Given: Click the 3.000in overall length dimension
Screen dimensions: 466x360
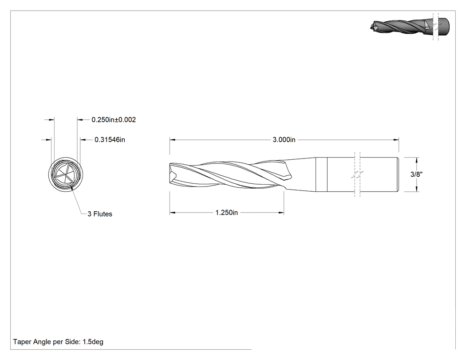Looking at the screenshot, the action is click(284, 139).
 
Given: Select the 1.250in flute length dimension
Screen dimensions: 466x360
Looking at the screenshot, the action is click(226, 213).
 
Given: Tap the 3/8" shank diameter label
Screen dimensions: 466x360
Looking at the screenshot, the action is click(416, 174).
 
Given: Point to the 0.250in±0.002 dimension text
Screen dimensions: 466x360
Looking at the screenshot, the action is click(114, 119).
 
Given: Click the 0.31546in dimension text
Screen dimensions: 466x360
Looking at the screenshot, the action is click(110, 139).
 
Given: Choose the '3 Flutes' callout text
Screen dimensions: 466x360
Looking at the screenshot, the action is click(100, 214).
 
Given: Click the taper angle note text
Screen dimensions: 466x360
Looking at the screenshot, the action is click(58, 342).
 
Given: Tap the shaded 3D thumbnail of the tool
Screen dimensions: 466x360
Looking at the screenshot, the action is click(410, 27).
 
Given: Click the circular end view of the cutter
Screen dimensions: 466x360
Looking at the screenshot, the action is click(65, 174).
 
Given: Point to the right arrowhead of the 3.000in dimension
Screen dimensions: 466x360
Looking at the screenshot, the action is click(396, 139).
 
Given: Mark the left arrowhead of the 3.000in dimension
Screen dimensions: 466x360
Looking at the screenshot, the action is click(172, 139).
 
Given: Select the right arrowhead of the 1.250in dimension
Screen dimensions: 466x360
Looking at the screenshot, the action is click(281, 213).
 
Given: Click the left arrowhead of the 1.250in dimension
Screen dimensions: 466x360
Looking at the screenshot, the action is click(172, 213).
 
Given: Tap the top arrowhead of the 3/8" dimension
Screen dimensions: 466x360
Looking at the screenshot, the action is click(416, 160).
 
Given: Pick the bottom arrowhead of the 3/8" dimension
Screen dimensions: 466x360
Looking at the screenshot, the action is click(416, 189).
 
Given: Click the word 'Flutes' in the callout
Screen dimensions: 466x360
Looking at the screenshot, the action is click(103, 214).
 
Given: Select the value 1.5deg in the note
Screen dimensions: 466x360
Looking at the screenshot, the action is click(93, 342).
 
